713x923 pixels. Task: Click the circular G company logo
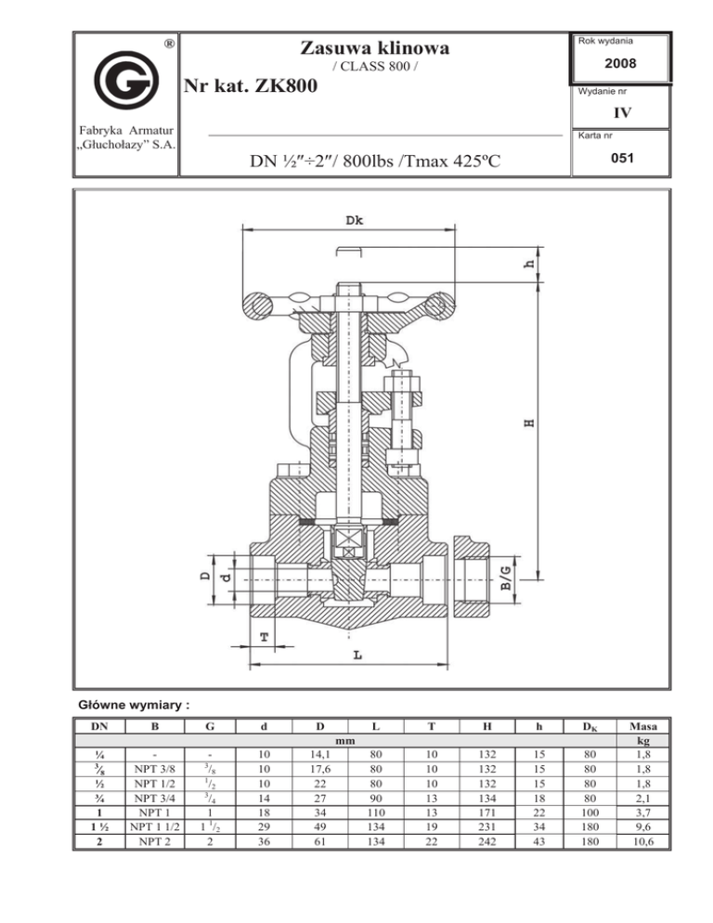(x=126, y=80)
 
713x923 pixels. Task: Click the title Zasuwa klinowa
(x=374, y=47)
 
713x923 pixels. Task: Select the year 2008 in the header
(x=620, y=63)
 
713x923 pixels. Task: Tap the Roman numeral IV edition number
(x=622, y=112)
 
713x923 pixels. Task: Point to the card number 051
(x=622, y=158)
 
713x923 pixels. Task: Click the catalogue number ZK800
(x=286, y=86)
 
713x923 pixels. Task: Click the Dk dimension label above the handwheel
(x=354, y=220)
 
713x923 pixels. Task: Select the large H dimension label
(x=529, y=422)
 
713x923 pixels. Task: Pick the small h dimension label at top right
(x=529, y=264)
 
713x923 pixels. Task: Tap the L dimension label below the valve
(x=358, y=655)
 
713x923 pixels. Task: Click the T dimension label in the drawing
(x=265, y=637)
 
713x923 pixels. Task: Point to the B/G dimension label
(x=506, y=578)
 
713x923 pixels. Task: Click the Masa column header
(x=643, y=726)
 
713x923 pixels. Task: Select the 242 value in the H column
(x=486, y=841)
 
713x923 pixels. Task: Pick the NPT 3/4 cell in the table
(x=154, y=799)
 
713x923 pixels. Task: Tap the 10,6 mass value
(x=643, y=841)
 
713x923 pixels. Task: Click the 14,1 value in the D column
(x=320, y=754)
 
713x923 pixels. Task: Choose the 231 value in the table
(x=486, y=826)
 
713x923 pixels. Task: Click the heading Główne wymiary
(x=135, y=705)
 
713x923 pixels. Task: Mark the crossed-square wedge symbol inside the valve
(x=349, y=539)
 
